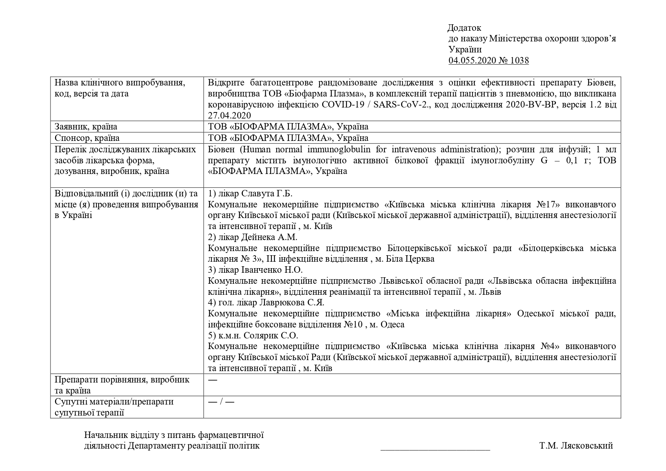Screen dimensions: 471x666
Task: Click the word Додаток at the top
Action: tap(464, 28)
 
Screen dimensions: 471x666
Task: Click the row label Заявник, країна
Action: tap(86, 126)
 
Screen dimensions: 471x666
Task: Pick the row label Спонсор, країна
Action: tap(87, 138)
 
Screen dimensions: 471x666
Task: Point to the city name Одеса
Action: tap(392, 324)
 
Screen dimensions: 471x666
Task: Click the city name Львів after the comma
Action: tap(490, 292)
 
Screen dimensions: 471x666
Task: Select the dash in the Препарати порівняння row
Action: tap(213, 379)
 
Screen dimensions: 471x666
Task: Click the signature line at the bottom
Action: tap(435, 450)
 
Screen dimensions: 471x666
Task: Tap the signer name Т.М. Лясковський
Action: tap(576, 446)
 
